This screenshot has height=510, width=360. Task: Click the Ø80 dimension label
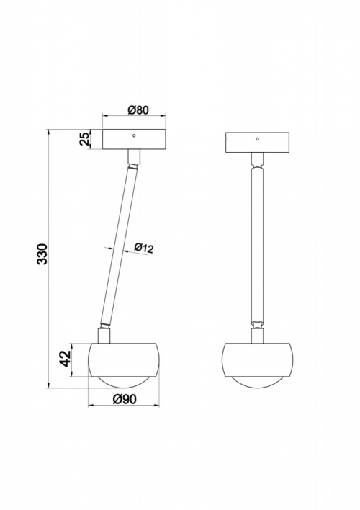point(138,110)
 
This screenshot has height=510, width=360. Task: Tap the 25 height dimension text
point(84,139)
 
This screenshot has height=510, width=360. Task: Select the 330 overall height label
point(42,254)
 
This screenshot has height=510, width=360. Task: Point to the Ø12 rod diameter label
point(143,249)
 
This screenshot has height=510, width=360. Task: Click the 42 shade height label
point(66,359)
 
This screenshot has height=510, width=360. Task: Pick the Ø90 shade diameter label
point(125,399)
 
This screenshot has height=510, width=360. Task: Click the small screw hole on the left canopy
point(134,135)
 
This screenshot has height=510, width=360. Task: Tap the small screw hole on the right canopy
point(257,139)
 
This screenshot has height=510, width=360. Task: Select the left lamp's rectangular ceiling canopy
point(134,140)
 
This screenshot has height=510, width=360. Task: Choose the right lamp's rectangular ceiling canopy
point(257,143)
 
